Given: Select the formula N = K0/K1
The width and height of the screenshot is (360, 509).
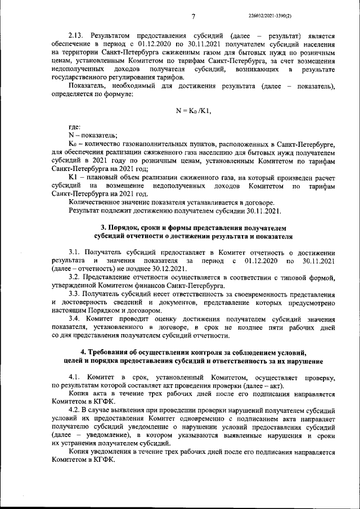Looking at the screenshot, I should tap(193, 111).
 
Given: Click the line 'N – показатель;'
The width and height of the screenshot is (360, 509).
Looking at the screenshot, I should tap(93, 136).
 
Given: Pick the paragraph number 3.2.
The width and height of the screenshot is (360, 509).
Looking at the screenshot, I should tap(76, 278).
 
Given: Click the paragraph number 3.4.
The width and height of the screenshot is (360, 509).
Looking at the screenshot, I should tap(76, 319).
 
